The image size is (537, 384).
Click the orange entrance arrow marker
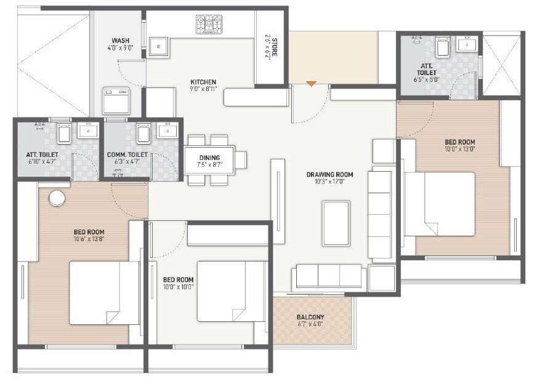312,84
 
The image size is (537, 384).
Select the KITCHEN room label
203,82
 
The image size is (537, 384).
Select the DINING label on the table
209,158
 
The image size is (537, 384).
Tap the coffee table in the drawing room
337,222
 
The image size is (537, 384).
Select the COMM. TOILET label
127,154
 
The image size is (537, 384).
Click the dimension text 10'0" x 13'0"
459,149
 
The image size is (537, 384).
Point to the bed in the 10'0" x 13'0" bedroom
440,204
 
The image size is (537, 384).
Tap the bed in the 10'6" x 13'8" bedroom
98,292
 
